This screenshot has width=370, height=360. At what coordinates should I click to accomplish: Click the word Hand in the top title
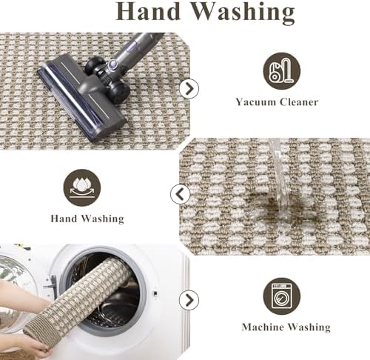pyautogui.click(x=148, y=11)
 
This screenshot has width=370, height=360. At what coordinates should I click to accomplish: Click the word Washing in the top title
pyautogui.click(x=243, y=13)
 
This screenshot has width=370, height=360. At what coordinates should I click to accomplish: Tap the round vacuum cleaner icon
pyautogui.click(x=282, y=71)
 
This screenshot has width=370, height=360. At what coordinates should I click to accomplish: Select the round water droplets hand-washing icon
pyautogui.click(x=82, y=187)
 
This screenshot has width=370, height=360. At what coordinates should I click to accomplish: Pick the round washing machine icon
pyautogui.click(x=282, y=296)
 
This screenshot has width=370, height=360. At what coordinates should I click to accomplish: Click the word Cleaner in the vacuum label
pyautogui.click(x=299, y=102)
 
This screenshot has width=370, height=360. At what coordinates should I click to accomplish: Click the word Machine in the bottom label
pyautogui.click(x=263, y=327)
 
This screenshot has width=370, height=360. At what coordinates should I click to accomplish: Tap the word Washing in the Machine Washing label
pyautogui.click(x=309, y=327)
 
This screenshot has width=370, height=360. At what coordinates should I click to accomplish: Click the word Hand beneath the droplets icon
pyautogui.click(x=64, y=219)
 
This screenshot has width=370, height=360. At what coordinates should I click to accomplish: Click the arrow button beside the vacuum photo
pyautogui.click(x=189, y=89)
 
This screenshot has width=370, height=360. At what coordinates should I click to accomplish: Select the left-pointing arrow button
pyautogui.click(x=181, y=194)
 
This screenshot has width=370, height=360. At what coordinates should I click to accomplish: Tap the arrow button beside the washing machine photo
pyautogui.click(x=189, y=300)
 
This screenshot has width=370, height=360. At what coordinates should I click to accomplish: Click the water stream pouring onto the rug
pyautogui.click(x=280, y=178)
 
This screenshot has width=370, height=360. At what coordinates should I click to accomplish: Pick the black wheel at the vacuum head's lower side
pyautogui.click(x=119, y=92)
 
